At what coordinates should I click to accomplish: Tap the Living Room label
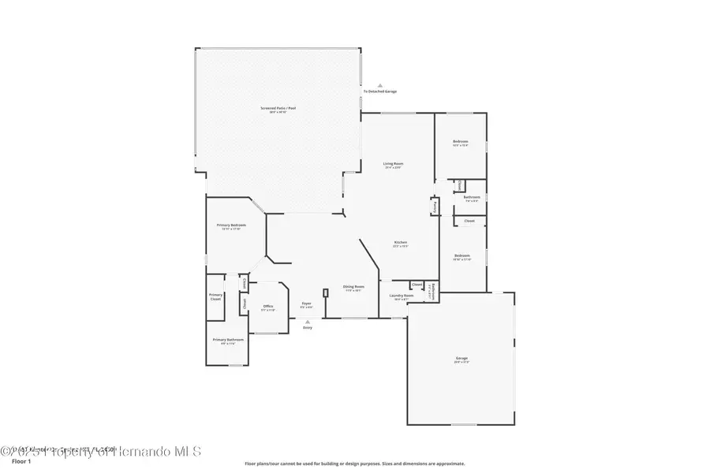(x=393, y=164)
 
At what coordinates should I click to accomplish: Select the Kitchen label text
(x=400, y=242)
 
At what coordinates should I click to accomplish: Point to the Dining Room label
(x=353, y=286)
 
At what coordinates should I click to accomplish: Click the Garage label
(x=461, y=359)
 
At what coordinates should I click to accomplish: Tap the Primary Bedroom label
(x=232, y=225)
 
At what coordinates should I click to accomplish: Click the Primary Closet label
(x=215, y=298)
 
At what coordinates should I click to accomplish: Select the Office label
(x=268, y=307)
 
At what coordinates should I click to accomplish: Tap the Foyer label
(x=307, y=304)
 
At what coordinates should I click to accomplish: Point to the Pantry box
(x=435, y=207)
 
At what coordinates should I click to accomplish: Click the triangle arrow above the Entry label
(x=308, y=321)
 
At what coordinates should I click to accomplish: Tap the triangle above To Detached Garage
(x=379, y=85)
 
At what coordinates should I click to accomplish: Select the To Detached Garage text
(x=379, y=91)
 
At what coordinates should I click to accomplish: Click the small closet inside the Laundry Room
(x=417, y=285)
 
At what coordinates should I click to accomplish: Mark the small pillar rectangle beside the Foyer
(x=325, y=292)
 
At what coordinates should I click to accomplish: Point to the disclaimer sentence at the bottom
(x=354, y=464)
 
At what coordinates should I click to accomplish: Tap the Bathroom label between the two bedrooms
(x=472, y=198)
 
